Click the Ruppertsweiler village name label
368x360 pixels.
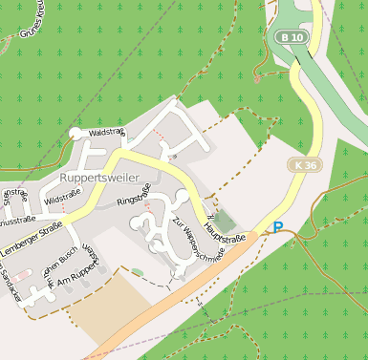[99, 178]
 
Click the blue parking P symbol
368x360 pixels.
[278, 227]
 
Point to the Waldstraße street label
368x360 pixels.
[106, 132]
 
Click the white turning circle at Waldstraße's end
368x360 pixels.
[76, 134]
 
